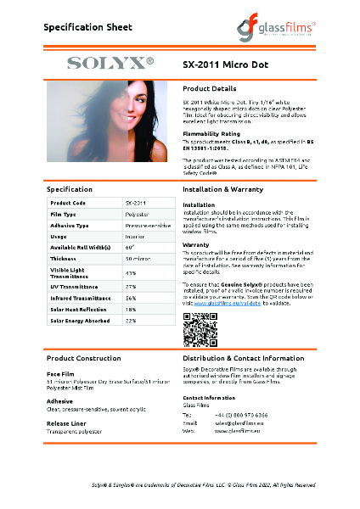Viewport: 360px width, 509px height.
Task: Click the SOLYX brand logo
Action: (110, 63)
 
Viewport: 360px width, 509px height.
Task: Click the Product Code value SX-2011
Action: (136, 204)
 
